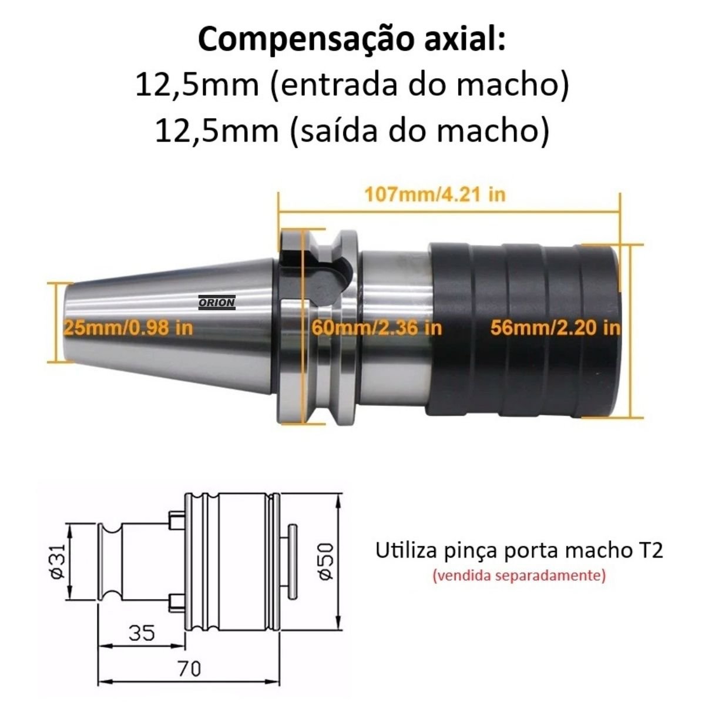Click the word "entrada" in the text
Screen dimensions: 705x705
tap(338, 85)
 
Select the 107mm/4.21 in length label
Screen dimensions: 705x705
tap(435, 194)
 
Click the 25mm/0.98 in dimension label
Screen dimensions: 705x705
tap(128, 327)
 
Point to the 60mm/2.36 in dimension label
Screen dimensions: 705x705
tap(377, 327)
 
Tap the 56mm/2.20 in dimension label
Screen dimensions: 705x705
tap(555, 327)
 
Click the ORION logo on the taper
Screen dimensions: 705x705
tap(217, 302)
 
